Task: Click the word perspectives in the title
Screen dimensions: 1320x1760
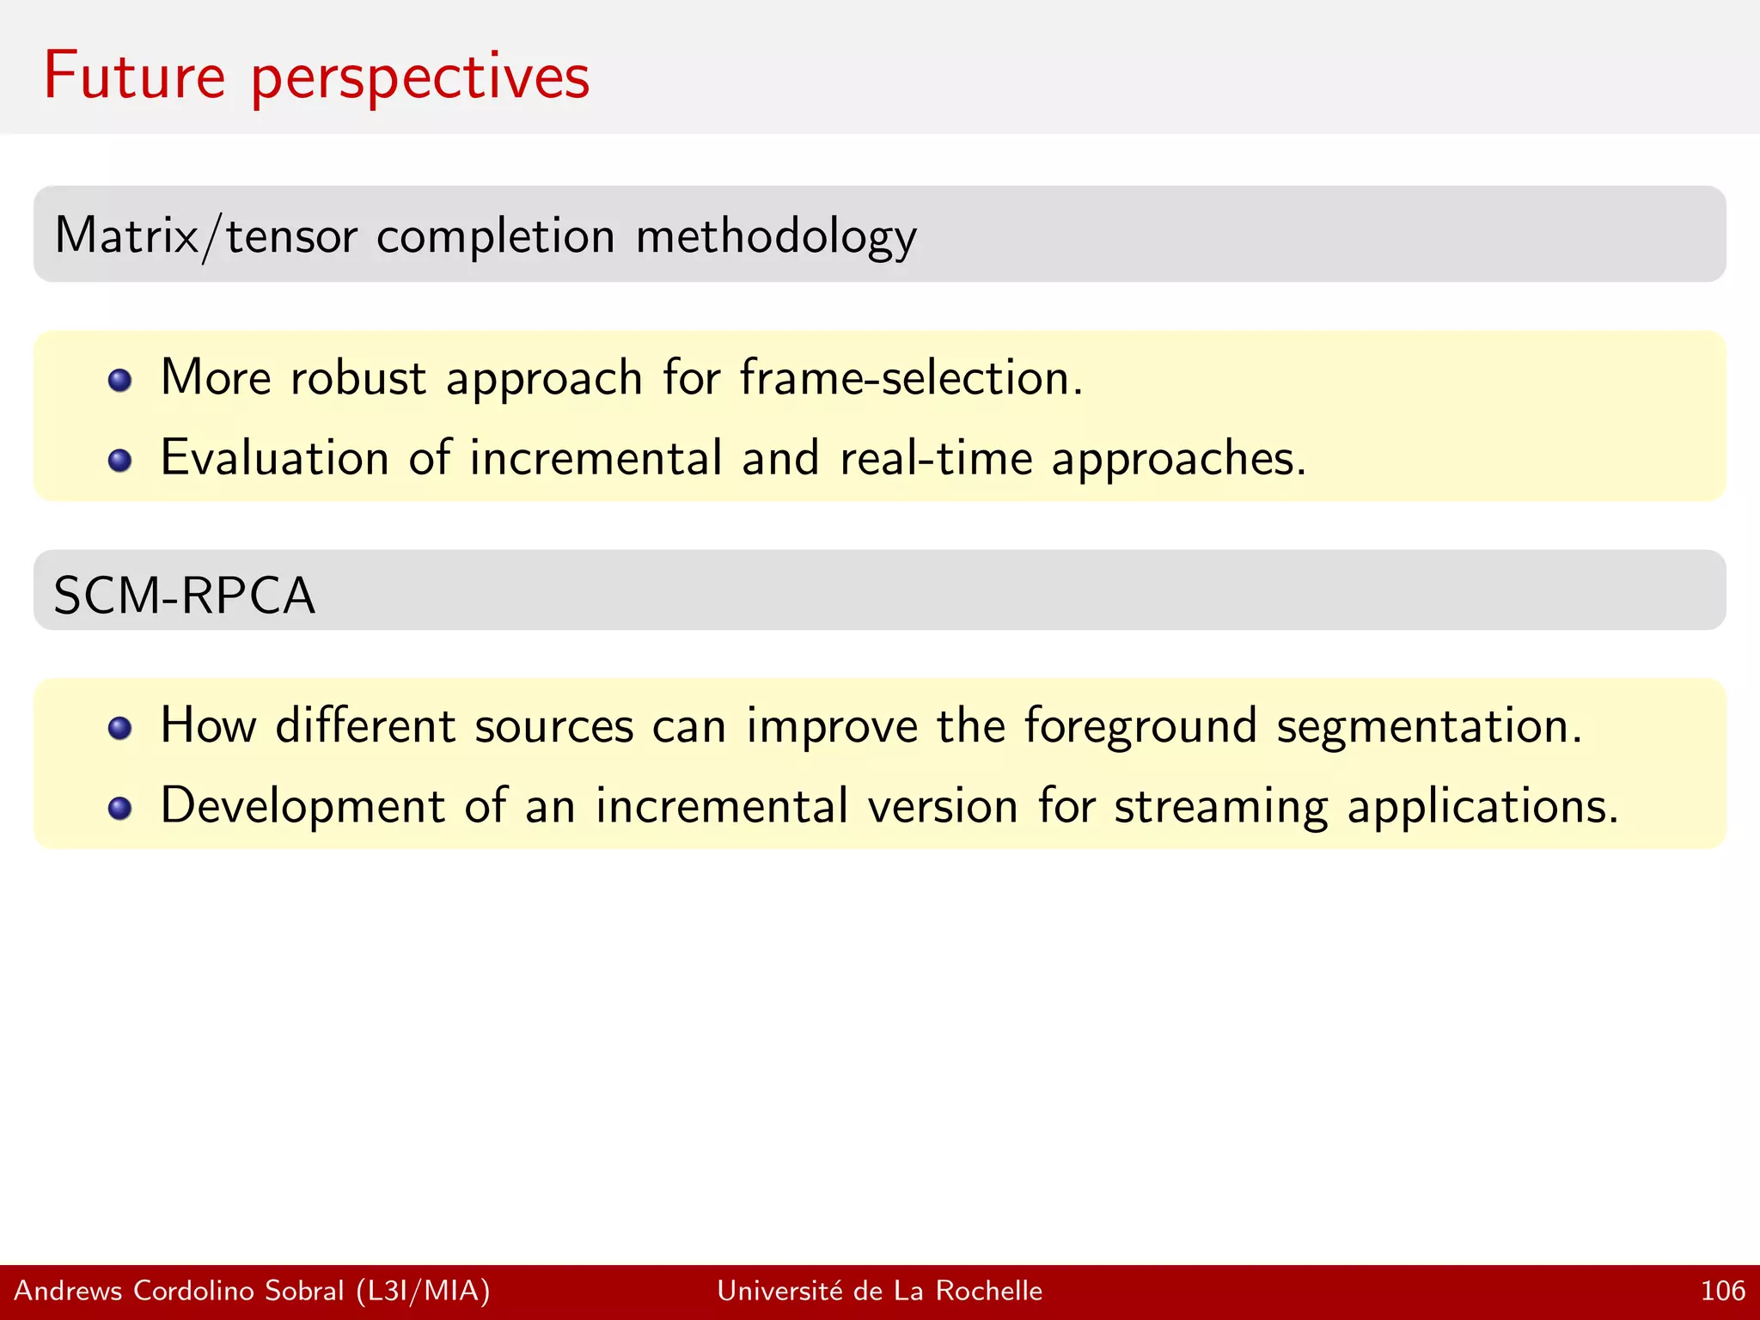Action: [x=420, y=79]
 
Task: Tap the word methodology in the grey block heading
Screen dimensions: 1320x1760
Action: [x=776, y=237]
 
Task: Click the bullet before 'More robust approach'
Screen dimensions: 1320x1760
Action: [x=120, y=380]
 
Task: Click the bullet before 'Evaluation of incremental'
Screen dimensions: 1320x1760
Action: [x=120, y=460]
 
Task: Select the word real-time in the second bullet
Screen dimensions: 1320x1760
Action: [x=936, y=457]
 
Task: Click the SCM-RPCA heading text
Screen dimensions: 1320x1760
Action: [x=184, y=595]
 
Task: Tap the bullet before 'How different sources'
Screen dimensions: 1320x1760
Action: [x=120, y=729]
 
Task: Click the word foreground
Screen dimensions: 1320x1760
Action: [x=1140, y=727]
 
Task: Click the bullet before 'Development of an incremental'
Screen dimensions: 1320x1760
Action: [x=120, y=808]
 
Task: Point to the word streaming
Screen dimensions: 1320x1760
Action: [x=1220, y=808]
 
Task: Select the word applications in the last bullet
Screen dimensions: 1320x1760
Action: [x=1482, y=808]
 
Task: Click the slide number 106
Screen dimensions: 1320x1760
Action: [x=1722, y=1291]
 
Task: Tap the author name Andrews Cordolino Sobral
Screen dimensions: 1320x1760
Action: [x=179, y=1291]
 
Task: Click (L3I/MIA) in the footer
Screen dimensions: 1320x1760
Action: [x=423, y=1291]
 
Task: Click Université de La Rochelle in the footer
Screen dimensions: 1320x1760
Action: [x=879, y=1291]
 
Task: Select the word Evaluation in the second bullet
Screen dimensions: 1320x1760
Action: [x=274, y=457]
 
